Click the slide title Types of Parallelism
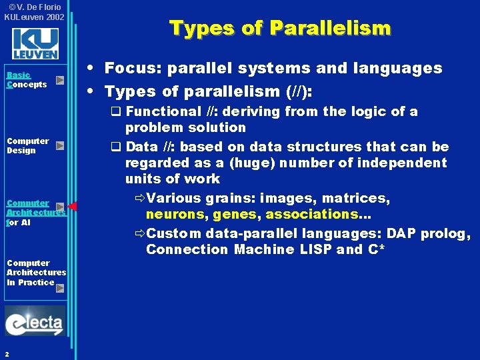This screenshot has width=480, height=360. click(280, 28)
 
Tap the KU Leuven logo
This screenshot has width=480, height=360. click(35, 44)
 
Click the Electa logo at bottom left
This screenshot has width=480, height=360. click(35, 322)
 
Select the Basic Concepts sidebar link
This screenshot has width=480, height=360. click(27, 80)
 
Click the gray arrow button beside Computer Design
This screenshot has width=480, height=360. click(60, 145)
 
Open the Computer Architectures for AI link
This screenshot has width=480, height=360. click(35, 212)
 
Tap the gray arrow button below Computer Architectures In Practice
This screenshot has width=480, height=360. click(60, 288)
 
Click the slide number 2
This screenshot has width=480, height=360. click(6, 354)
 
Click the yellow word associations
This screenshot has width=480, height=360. click(312, 214)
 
